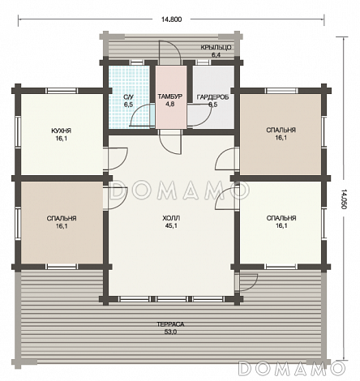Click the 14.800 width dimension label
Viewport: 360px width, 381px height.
pyautogui.click(x=171, y=19)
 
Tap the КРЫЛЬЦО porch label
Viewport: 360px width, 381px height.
pyautogui.click(x=216, y=48)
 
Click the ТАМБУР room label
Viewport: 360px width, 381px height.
pyautogui.click(x=170, y=96)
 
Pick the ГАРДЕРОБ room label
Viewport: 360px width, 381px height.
pyautogui.click(x=212, y=97)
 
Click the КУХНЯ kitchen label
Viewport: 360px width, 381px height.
pyautogui.click(x=62, y=131)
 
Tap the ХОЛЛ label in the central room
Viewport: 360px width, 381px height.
pyautogui.click(x=171, y=218)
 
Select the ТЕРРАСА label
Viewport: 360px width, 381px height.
pyautogui.click(x=170, y=324)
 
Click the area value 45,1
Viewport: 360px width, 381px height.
pyautogui.click(x=171, y=226)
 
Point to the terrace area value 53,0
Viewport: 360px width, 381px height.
pyautogui.click(x=170, y=332)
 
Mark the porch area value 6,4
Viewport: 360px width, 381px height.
pyautogui.click(x=216, y=55)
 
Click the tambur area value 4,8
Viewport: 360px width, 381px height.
pyautogui.click(x=170, y=105)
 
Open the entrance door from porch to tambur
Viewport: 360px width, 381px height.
pyautogui.click(x=169, y=53)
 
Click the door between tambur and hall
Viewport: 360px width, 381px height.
pyautogui.click(x=170, y=142)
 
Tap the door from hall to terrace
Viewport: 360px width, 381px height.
pyautogui.click(x=246, y=282)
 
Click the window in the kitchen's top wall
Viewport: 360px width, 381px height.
pyautogui.click(x=62, y=91)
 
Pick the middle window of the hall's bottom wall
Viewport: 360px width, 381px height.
pyautogui.click(x=171, y=299)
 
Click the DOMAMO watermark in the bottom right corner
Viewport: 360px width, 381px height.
pyautogui.click(x=292, y=368)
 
